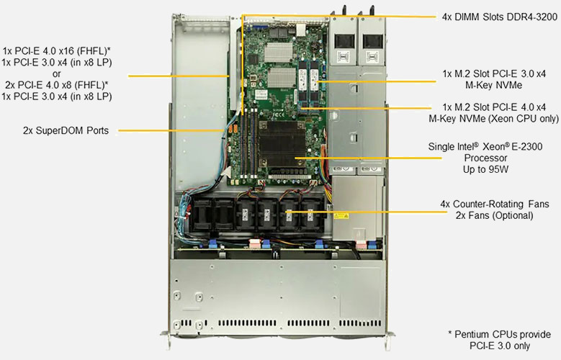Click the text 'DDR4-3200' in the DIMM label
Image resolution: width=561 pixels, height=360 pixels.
coord(532,17)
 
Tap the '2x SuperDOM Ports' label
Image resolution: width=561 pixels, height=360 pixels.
coord(66,130)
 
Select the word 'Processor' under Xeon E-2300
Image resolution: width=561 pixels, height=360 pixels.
coord(485,158)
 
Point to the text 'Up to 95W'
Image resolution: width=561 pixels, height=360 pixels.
coord(485,169)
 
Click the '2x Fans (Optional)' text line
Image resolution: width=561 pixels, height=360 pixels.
coord(494,215)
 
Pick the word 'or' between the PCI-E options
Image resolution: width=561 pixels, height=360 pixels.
coord(56,73)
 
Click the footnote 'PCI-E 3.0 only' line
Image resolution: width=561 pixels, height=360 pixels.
coord(500,346)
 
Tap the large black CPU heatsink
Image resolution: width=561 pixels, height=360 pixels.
coord(282,144)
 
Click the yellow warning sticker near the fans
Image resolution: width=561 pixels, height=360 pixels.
coord(341,215)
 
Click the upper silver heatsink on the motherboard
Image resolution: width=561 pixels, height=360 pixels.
coord(279,53)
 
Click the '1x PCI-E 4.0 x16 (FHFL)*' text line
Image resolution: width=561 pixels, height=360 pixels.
coord(56,50)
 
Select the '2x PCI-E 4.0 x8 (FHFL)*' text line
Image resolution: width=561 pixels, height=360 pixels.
coord(56,85)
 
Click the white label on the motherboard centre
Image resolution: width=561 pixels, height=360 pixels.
coord(261,94)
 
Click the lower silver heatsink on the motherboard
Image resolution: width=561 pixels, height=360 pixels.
coord(282,78)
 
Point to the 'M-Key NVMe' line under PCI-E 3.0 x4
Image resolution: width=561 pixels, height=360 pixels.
coord(493,85)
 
